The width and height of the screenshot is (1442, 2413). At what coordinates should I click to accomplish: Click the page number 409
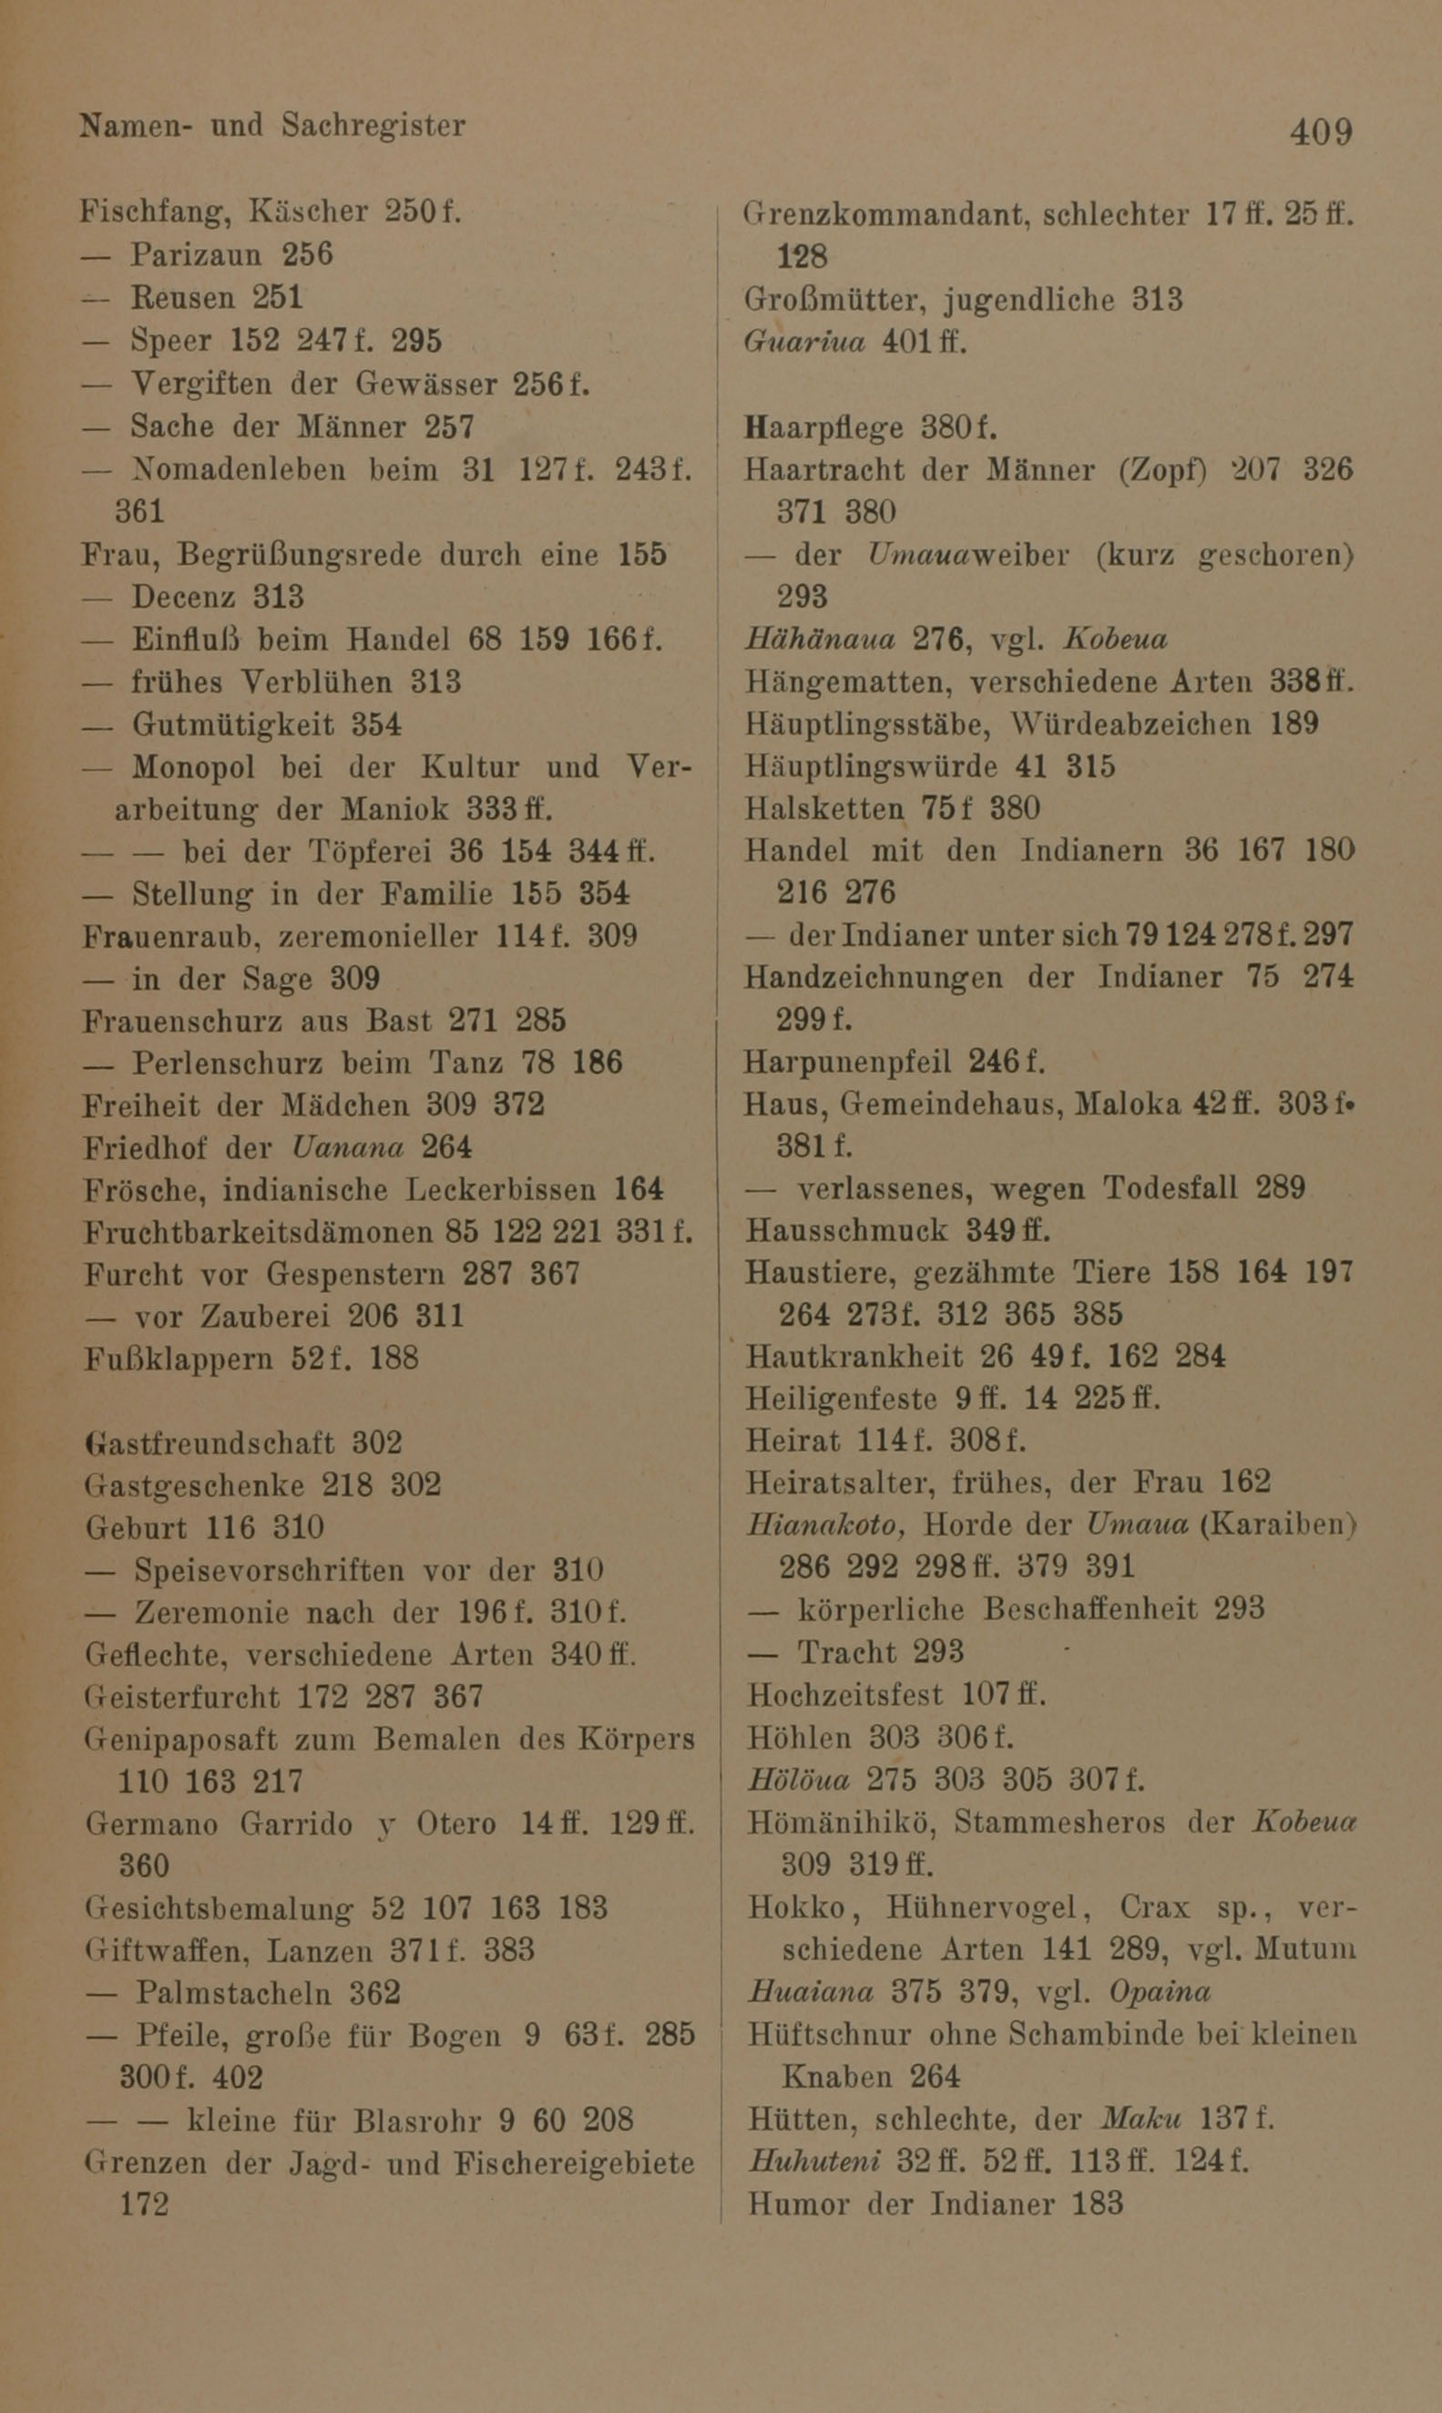(1321, 131)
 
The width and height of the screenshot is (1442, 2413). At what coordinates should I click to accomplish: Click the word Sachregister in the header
(373, 126)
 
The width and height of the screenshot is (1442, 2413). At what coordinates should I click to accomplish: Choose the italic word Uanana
(347, 1147)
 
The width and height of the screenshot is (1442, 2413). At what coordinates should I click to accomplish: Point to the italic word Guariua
(803, 342)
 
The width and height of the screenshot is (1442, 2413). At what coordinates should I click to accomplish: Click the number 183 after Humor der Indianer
(1097, 2203)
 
